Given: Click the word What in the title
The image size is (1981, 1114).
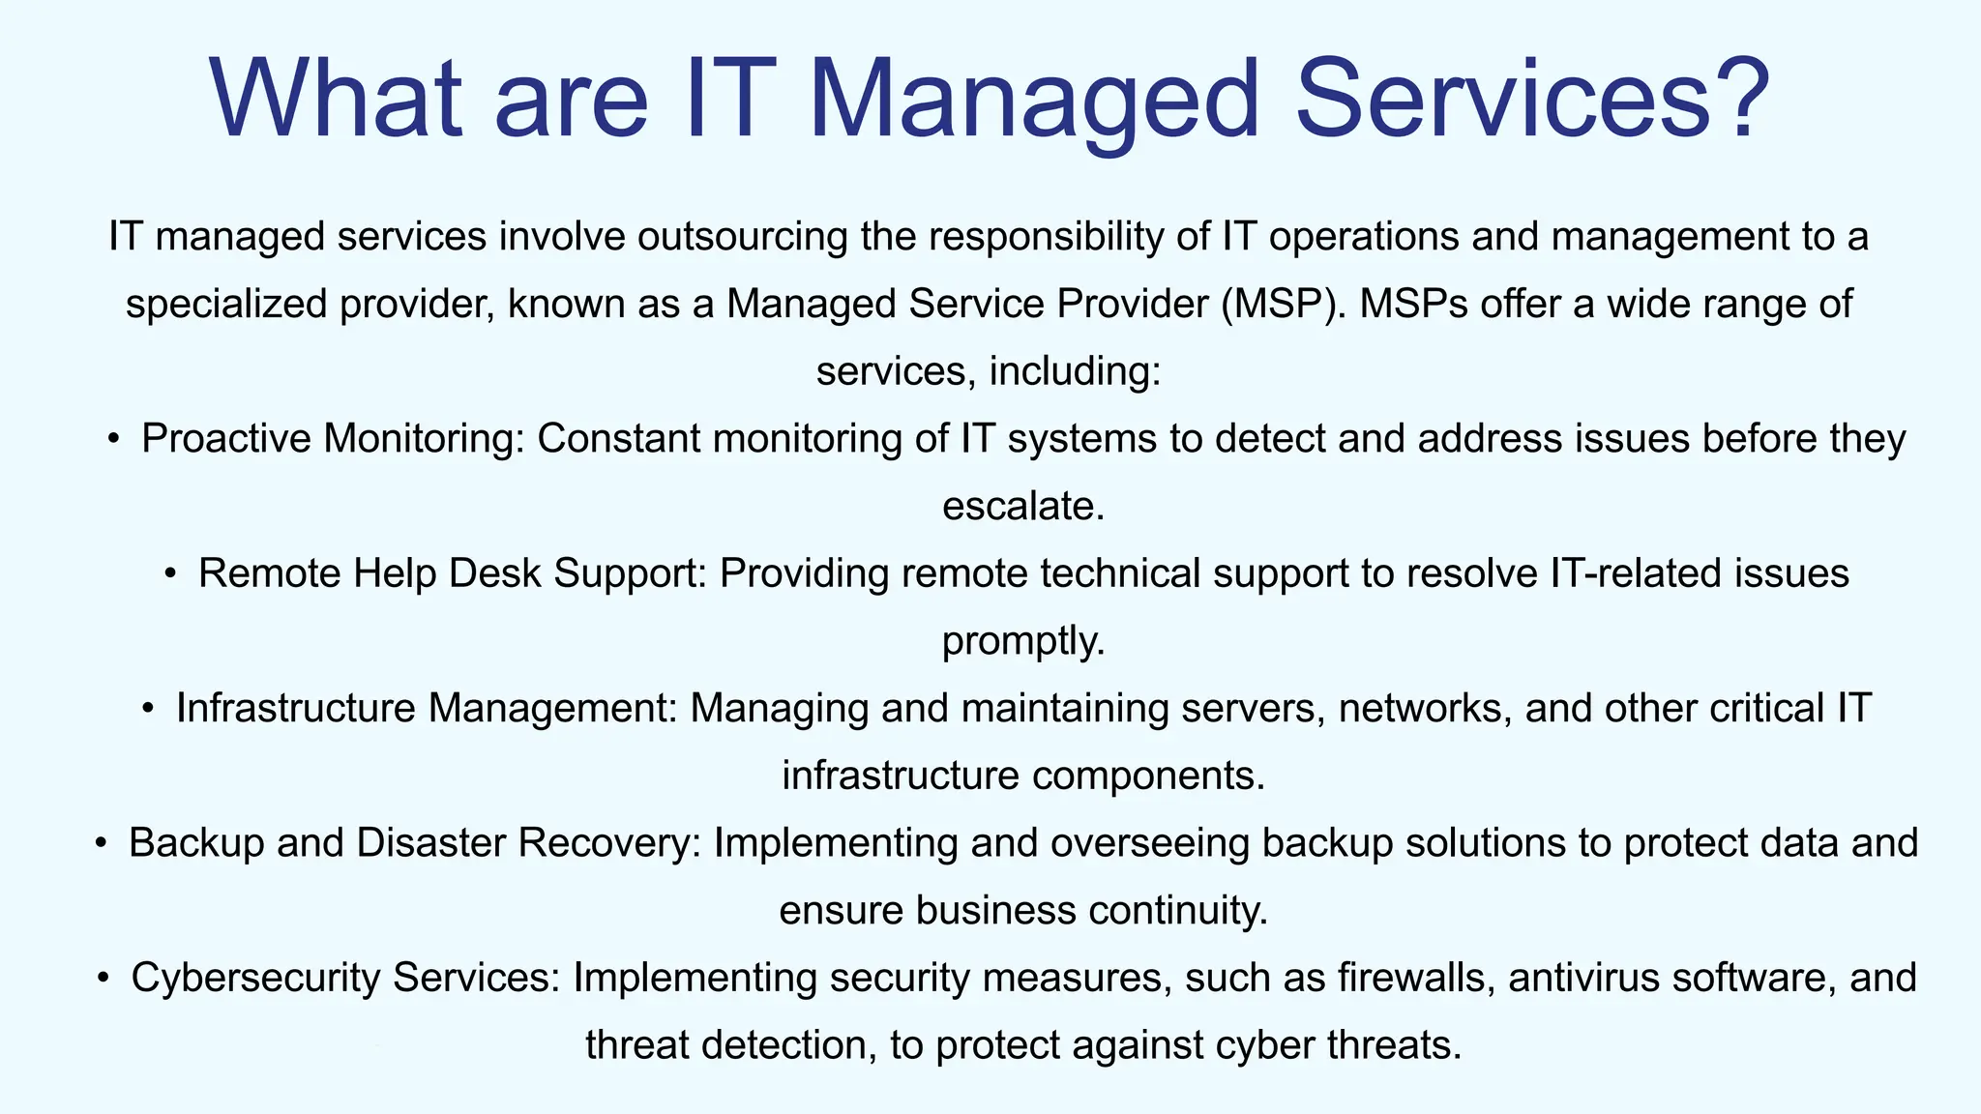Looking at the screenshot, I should click(335, 100).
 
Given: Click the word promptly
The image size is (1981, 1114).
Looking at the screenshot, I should click(1022, 641).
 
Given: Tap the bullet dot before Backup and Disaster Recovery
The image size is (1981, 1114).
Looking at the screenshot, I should click(101, 843).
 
